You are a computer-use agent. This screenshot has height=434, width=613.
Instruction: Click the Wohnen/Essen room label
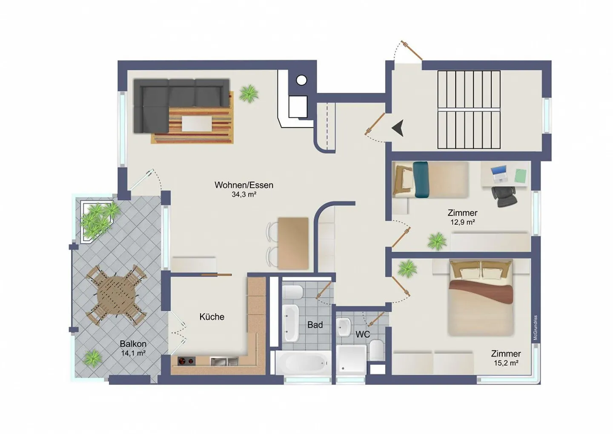[x=243, y=185]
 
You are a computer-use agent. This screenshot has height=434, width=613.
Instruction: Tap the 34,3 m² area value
[x=243, y=195]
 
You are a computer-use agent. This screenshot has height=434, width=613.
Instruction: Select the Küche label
[x=212, y=317]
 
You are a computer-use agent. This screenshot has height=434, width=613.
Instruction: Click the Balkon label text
[x=133, y=344]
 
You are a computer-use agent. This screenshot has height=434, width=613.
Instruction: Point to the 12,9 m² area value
[x=462, y=222]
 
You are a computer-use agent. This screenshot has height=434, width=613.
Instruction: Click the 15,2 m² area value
[x=506, y=363]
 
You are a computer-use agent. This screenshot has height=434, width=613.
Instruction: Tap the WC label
[x=362, y=335]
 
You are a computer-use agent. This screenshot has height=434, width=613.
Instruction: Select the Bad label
[x=315, y=325]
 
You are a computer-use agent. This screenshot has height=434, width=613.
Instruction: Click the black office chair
[x=504, y=196]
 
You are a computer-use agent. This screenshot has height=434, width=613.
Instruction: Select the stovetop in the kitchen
[x=186, y=362]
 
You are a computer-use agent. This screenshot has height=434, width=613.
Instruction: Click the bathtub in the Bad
[x=301, y=362]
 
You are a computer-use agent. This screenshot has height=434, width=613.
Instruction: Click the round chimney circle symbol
[x=301, y=80]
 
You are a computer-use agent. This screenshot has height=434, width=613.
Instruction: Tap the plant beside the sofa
[x=248, y=93]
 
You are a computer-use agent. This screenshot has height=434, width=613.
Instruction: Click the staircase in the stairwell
[x=469, y=110]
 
